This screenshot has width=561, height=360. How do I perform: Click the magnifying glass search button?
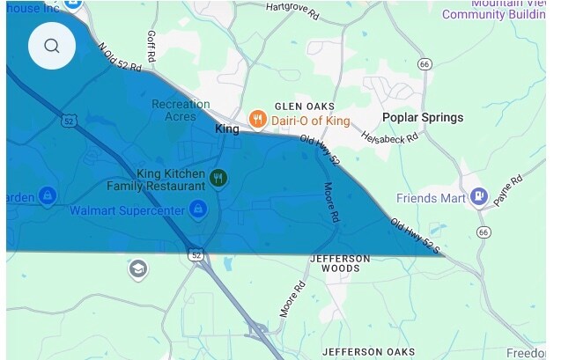[52, 46]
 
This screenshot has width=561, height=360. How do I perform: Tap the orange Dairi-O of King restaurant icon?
[258, 119]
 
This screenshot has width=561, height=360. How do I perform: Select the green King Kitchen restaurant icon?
[218, 180]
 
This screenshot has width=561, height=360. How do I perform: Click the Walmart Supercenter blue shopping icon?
[198, 210]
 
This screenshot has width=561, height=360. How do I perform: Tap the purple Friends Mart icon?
[480, 197]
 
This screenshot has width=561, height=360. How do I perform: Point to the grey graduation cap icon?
[137, 268]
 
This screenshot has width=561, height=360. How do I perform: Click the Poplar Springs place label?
[422, 118]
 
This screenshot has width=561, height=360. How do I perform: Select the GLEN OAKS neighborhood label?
[278, 104]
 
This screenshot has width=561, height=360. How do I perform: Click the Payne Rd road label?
[508, 190]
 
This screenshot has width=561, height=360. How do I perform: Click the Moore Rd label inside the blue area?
[329, 202]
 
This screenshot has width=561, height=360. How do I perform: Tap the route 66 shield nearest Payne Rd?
[483, 232]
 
